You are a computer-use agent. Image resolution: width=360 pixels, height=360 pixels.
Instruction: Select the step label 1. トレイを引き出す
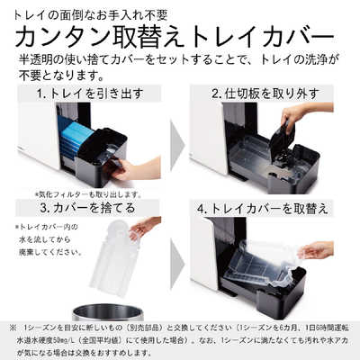[86, 93]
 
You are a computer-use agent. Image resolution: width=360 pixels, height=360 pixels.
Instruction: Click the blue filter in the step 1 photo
[76, 139]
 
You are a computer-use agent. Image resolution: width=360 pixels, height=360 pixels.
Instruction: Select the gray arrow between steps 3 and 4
[178, 256]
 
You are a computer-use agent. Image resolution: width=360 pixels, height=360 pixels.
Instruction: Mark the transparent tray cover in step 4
[260, 265]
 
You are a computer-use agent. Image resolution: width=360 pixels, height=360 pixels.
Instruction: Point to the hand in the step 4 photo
[317, 249]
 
